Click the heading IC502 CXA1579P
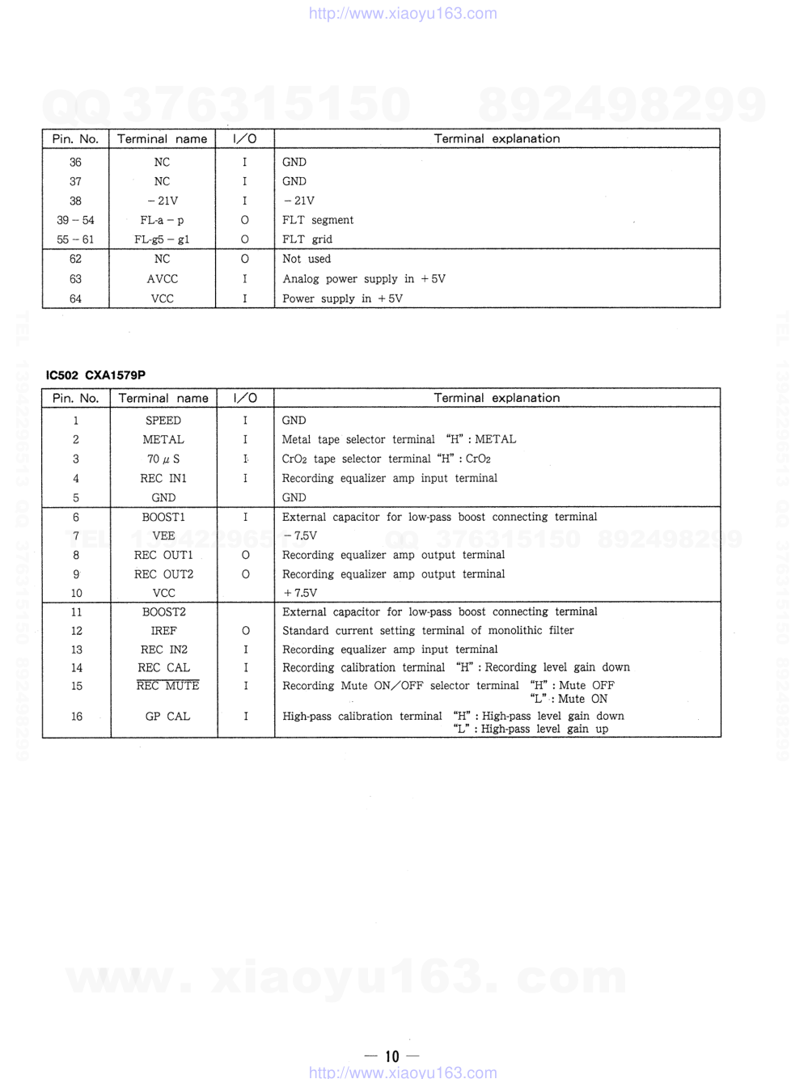(95, 375)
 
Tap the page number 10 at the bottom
(392, 1056)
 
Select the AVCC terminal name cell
(162, 279)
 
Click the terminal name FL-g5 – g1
(162, 239)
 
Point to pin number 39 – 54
(75, 220)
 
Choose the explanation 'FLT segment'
(317, 220)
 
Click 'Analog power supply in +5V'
(363, 279)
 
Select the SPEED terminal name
(163, 421)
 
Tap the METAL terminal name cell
(163, 440)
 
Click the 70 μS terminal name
(163, 459)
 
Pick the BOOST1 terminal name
(163, 517)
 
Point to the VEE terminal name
(163, 535)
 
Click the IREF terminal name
(163, 631)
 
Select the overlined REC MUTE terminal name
(167, 686)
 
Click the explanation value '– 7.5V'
(300, 535)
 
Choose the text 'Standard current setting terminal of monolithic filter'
(428, 631)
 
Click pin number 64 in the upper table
(75, 298)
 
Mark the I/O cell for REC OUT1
(245, 555)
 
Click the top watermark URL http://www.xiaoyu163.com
(403, 13)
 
